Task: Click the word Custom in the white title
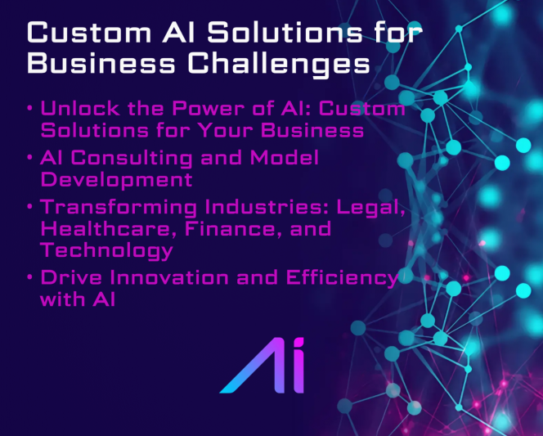click(x=89, y=33)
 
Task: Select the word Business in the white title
click(x=101, y=63)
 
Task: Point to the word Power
click(x=208, y=109)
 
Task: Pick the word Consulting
click(x=132, y=159)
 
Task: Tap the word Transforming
click(x=119, y=208)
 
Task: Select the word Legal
click(x=370, y=208)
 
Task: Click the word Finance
click(x=233, y=229)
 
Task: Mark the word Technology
click(x=106, y=251)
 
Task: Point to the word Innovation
click(x=169, y=278)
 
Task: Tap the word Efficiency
click(x=343, y=279)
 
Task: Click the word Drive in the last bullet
click(x=71, y=278)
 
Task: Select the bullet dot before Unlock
click(x=29, y=109)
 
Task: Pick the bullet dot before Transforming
click(x=29, y=207)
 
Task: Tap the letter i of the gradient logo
click(x=298, y=366)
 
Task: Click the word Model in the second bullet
click(x=284, y=158)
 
